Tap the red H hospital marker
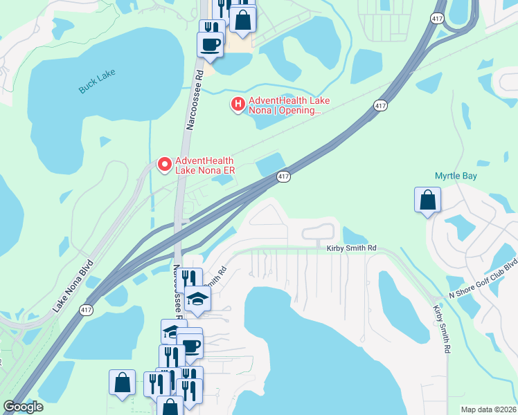238,104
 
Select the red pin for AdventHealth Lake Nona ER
165,164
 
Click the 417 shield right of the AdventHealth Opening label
379,105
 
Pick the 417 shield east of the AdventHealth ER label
284,177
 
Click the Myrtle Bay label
456,176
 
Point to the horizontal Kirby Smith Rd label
350,248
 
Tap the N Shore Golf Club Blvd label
483,279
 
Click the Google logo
23,407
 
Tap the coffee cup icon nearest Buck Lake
211,45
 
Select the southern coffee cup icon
189,346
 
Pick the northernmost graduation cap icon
198,298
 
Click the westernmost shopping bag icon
122,382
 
